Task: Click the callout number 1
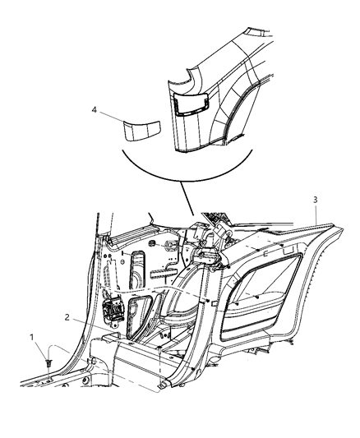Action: (x=32, y=339)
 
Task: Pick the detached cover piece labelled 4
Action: (x=139, y=130)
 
